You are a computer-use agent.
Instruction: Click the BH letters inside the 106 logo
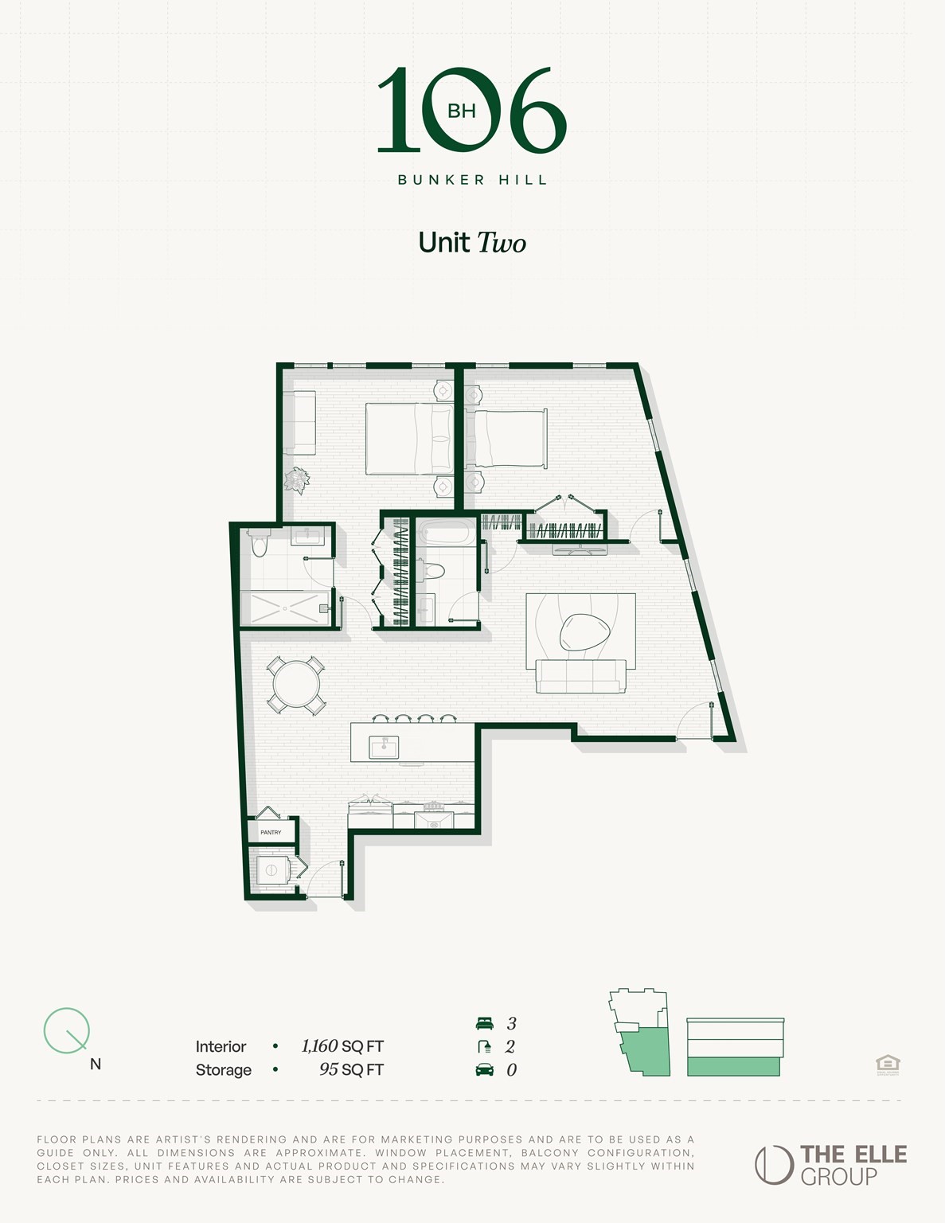coord(462,111)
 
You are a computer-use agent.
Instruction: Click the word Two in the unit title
coord(501,243)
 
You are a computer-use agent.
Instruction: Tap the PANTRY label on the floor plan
coord(271,832)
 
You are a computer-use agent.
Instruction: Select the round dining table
coord(296,684)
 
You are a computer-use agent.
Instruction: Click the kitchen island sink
coord(384,747)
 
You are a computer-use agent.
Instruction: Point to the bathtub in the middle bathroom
coord(446,532)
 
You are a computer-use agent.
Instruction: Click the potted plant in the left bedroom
coord(297,480)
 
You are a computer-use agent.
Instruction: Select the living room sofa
coord(580,677)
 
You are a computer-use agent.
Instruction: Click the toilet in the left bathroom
coord(259,545)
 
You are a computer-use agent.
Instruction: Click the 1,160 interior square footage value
coord(321,1046)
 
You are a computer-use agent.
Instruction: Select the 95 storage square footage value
coord(329,1069)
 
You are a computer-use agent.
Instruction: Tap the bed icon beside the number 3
coord(484,1023)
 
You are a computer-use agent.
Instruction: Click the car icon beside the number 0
coord(484,1069)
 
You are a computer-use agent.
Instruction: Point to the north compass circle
coord(66,1030)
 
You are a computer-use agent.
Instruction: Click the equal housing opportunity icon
coord(888,1064)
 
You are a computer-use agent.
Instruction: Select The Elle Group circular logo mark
coord(774,1165)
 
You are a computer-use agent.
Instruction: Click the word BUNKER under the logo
coord(441,180)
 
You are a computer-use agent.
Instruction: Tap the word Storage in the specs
coord(224,1070)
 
